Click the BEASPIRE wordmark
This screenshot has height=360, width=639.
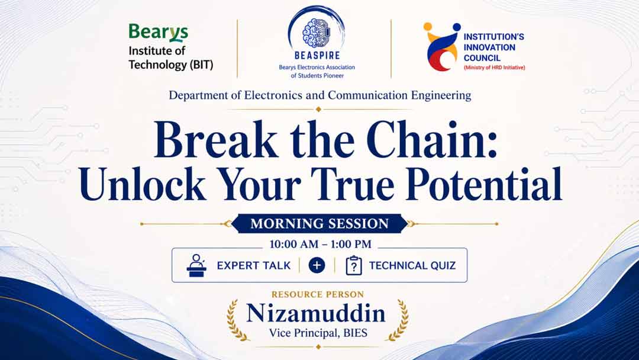coord(317,55)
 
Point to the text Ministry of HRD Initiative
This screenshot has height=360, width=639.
coord(494,67)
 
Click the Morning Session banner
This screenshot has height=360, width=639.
coord(319,223)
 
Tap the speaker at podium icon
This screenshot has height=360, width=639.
coord(196,266)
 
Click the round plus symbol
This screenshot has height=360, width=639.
coord(317,265)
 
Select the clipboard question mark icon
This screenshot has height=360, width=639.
coord(354,265)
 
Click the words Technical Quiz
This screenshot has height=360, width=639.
coord(412,266)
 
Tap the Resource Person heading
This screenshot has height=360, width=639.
coord(318,294)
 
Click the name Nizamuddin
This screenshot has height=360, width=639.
coord(316,314)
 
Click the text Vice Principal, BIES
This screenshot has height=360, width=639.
coord(318,333)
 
